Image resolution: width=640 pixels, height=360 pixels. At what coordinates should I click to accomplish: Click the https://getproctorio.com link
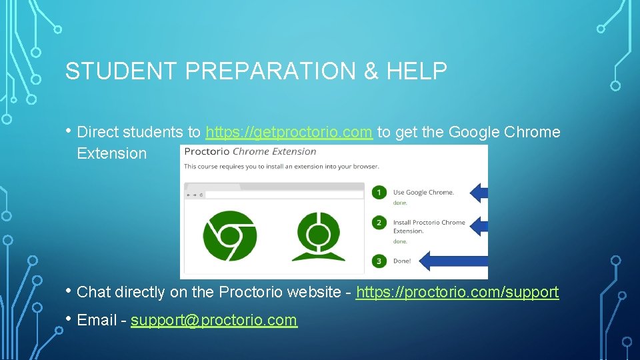(289, 132)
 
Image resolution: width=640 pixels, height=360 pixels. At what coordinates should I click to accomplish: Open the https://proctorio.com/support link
(457, 292)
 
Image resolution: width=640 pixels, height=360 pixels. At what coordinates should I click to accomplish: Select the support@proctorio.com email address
(213, 320)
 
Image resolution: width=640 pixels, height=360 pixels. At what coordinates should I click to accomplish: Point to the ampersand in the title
(371, 71)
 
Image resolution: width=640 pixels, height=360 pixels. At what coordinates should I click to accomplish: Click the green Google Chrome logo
(230, 235)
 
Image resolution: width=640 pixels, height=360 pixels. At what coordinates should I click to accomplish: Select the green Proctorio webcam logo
(317, 235)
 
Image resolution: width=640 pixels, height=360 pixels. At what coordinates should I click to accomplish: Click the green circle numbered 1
(379, 193)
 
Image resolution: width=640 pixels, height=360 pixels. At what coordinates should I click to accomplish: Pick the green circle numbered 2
(379, 223)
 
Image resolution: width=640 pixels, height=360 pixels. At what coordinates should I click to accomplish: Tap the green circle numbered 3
(379, 261)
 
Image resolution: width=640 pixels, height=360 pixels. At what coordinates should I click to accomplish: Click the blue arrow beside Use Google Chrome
(479, 193)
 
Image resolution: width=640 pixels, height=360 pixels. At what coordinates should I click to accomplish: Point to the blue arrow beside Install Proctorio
(479, 226)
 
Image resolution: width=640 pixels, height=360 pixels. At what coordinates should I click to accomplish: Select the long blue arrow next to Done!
(456, 261)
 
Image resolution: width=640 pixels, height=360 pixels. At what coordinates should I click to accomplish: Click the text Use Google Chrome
(423, 192)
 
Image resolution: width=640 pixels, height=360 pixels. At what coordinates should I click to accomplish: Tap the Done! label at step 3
(402, 261)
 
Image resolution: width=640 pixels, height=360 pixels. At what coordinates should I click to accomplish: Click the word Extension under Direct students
(111, 153)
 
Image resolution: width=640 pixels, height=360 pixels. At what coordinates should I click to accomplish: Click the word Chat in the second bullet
(94, 292)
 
